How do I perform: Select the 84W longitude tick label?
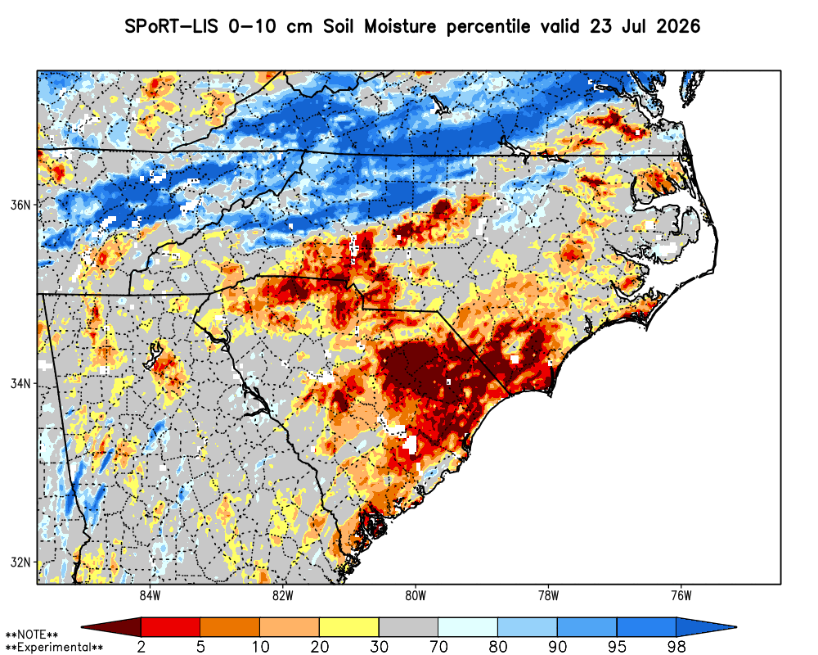click(x=151, y=595)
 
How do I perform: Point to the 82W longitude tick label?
click(x=283, y=595)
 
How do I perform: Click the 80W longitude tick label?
click(x=416, y=595)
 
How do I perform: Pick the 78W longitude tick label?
click(x=548, y=595)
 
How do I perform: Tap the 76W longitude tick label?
click(x=681, y=595)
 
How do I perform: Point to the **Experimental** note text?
click(x=54, y=648)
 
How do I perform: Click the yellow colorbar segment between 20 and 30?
click(x=349, y=626)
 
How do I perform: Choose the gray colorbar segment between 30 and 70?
click(x=408, y=626)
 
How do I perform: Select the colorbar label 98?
click(x=676, y=647)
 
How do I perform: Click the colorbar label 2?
click(x=142, y=647)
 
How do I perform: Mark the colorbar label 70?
click(x=438, y=647)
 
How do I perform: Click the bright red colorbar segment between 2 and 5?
click(x=171, y=626)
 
